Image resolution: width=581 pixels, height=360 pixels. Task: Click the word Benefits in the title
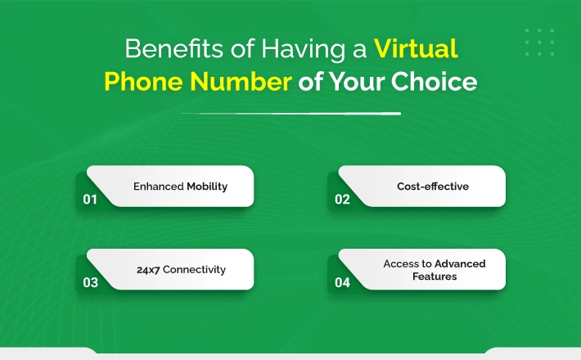tap(174, 48)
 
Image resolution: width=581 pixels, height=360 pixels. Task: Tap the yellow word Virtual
tap(416, 48)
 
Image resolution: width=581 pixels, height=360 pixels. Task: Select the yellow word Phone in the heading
tap(143, 82)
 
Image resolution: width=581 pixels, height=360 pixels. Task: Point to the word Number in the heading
tap(241, 82)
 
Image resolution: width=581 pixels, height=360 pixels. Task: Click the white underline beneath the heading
tap(291, 114)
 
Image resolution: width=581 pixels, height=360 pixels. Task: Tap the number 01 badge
tap(90, 200)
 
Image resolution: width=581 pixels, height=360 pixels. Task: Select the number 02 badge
tap(342, 200)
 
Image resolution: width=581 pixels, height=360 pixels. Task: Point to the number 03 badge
tap(90, 282)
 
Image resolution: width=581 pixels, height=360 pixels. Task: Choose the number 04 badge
tap(342, 282)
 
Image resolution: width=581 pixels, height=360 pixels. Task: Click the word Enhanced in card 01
tap(158, 187)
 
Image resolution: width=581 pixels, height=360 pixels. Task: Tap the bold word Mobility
tap(207, 187)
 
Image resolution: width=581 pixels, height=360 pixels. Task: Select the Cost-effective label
tap(433, 187)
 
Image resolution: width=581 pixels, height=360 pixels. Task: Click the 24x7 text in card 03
tap(148, 270)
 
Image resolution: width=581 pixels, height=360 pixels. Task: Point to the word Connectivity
tap(194, 270)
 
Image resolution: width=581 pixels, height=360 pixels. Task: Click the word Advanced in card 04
tap(460, 263)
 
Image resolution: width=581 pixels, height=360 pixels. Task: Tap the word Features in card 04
tap(435, 277)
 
